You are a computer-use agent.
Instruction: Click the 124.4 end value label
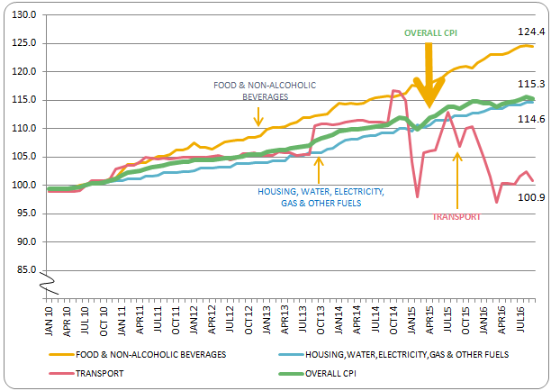tap(530, 32)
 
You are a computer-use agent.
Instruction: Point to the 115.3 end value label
tap(530, 84)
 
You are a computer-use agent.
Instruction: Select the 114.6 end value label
tap(530, 119)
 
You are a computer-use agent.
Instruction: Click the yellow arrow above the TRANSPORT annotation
tap(457, 180)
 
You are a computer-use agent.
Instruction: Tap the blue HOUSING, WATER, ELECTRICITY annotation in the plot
tap(315, 197)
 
